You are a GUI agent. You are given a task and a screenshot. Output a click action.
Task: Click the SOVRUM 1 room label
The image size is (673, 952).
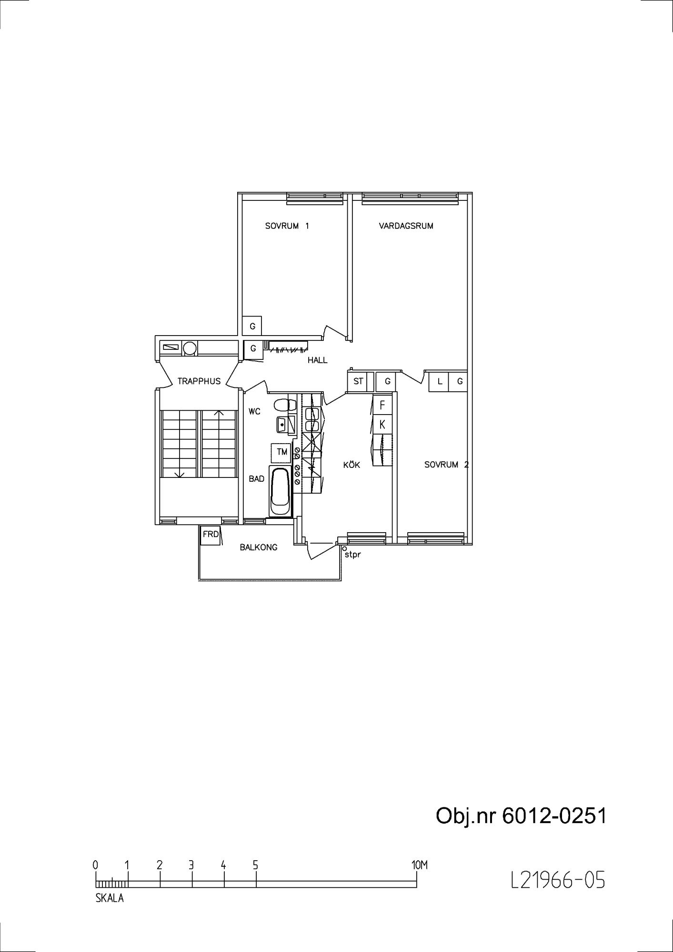[x=287, y=226]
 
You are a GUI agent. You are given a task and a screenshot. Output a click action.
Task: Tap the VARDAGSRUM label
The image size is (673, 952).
[x=406, y=226]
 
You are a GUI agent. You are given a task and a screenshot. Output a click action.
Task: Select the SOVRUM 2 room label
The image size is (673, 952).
[x=446, y=465]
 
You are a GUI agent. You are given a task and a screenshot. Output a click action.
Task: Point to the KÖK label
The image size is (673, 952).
[x=352, y=465]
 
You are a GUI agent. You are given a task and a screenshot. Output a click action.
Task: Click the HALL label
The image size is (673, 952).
[x=317, y=360]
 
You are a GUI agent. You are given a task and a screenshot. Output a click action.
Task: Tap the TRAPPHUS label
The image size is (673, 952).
[x=199, y=381]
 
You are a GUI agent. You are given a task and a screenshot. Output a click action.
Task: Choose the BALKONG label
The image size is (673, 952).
[x=259, y=547]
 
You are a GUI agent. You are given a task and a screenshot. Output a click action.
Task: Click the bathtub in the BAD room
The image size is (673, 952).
[x=280, y=491]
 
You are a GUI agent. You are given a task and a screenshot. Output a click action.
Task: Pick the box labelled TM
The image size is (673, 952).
[x=281, y=452]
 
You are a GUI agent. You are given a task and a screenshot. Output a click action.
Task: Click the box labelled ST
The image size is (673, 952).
[x=358, y=382]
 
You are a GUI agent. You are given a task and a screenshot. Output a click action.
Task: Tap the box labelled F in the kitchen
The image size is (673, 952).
[x=382, y=406]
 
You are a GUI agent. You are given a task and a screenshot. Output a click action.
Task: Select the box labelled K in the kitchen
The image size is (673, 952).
[x=382, y=425]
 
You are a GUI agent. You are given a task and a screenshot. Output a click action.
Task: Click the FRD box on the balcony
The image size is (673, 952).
[x=211, y=535]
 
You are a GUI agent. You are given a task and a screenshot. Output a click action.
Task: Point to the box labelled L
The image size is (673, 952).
[x=440, y=382]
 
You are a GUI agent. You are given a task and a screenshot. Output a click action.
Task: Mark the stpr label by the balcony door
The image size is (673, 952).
[x=352, y=555]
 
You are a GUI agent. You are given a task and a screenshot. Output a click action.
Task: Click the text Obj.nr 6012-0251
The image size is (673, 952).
[x=521, y=816]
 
